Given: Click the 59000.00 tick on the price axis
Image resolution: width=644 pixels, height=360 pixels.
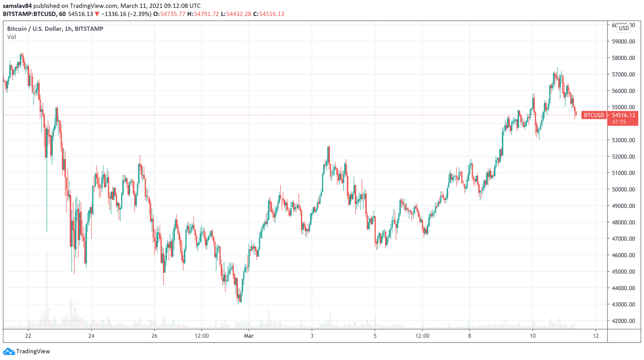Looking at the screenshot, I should (623, 42).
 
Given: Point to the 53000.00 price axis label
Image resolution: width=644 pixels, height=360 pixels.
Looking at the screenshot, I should (623, 140).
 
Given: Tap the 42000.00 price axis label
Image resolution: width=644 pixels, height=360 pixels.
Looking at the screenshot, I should (623, 321).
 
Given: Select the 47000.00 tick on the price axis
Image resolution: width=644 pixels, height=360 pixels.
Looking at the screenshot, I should (623, 239).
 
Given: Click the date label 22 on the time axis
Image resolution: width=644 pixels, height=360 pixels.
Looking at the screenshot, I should (28, 336).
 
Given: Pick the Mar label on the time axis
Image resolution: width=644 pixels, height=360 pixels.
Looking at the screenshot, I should (249, 336).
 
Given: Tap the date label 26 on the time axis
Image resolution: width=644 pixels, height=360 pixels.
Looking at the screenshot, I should (154, 336).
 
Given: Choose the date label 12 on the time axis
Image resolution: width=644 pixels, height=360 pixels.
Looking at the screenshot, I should (596, 336).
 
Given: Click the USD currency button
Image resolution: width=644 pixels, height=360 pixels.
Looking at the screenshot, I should (624, 28).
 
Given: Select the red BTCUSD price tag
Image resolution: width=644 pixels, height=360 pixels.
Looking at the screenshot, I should (594, 115).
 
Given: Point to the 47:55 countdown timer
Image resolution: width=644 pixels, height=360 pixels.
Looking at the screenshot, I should (619, 122).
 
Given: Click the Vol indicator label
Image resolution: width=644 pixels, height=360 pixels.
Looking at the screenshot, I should (12, 37).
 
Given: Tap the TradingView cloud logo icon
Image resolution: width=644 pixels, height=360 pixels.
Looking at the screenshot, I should (9, 351).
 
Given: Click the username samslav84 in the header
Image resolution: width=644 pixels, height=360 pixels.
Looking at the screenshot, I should (17, 6).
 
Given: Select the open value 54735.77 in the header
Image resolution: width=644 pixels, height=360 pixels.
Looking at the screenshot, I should (173, 14).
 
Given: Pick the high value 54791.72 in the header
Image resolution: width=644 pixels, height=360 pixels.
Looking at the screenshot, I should (206, 14).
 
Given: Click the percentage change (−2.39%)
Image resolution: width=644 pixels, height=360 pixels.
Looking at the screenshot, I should (140, 14).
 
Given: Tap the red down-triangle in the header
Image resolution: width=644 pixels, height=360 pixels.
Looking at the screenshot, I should (97, 14).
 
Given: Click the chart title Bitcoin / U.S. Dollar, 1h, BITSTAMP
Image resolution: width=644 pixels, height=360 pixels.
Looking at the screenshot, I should (55, 29).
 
